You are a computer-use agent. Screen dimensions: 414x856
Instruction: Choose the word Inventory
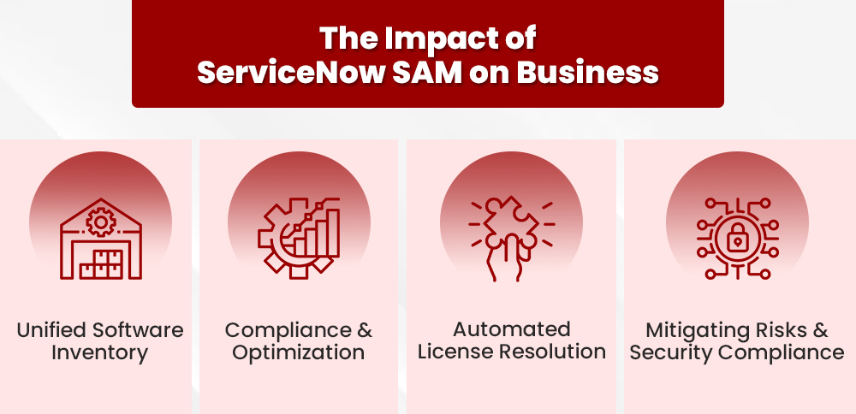(x=100, y=352)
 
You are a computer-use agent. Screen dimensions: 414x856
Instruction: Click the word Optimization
(x=299, y=352)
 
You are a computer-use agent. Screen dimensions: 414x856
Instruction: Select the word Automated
(x=512, y=329)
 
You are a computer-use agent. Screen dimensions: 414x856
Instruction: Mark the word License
(x=452, y=352)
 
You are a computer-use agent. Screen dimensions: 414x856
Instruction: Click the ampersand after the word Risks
(x=821, y=330)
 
